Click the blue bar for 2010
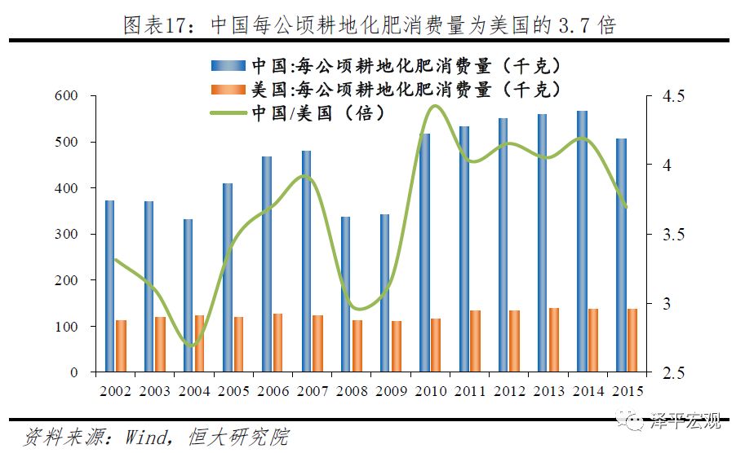click(x=423, y=253)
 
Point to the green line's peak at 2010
click(x=434, y=106)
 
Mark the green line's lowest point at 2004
click(x=191, y=346)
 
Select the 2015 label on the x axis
click(x=624, y=391)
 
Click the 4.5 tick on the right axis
click(x=657, y=96)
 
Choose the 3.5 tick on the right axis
click(x=657, y=235)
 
